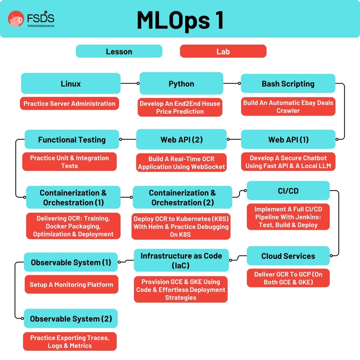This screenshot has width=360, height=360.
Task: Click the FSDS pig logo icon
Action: click(x=16, y=19)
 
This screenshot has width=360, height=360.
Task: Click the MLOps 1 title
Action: click(x=180, y=20)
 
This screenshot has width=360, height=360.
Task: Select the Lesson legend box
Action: click(x=119, y=51)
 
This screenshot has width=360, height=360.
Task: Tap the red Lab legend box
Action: click(x=223, y=51)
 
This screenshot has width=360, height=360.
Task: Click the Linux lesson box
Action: click(x=71, y=84)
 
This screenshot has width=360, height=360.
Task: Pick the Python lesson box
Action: click(x=181, y=84)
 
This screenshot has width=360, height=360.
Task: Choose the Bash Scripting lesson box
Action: click(x=288, y=84)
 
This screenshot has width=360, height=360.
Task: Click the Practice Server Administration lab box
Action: click(x=70, y=104)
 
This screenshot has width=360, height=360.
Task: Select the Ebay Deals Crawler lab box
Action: click(x=288, y=107)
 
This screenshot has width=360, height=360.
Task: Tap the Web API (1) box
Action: click(x=288, y=140)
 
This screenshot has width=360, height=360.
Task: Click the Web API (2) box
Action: click(x=181, y=140)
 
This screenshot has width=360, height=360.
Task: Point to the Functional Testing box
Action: click(x=72, y=140)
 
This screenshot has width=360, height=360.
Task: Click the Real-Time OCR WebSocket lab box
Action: click(x=181, y=163)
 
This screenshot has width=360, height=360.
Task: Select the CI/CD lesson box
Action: click(x=288, y=191)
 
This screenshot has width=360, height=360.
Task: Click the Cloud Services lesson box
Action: click(x=288, y=256)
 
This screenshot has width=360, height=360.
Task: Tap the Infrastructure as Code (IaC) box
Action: click(x=181, y=261)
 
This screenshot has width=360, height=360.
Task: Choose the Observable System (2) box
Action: click(x=71, y=319)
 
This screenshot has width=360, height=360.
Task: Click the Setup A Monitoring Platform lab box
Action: click(x=71, y=285)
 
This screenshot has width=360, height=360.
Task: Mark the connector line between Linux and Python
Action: click(x=130, y=84)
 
